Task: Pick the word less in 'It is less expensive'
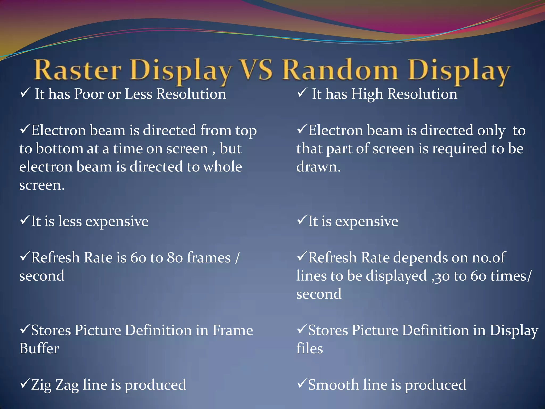(x=70, y=221)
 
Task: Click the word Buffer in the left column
(x=39, y=349)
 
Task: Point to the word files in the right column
(x=309, y=349)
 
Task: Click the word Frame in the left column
(x=232, y=330)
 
